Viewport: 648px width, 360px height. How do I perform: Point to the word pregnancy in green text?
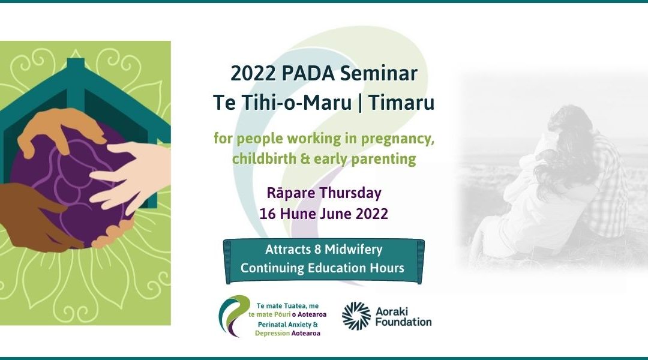coord(400,139)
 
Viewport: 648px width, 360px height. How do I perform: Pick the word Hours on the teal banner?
coord(387,268)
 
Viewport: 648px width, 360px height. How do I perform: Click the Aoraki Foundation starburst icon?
coord(356,316)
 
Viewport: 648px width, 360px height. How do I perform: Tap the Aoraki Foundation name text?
coord(404,316)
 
